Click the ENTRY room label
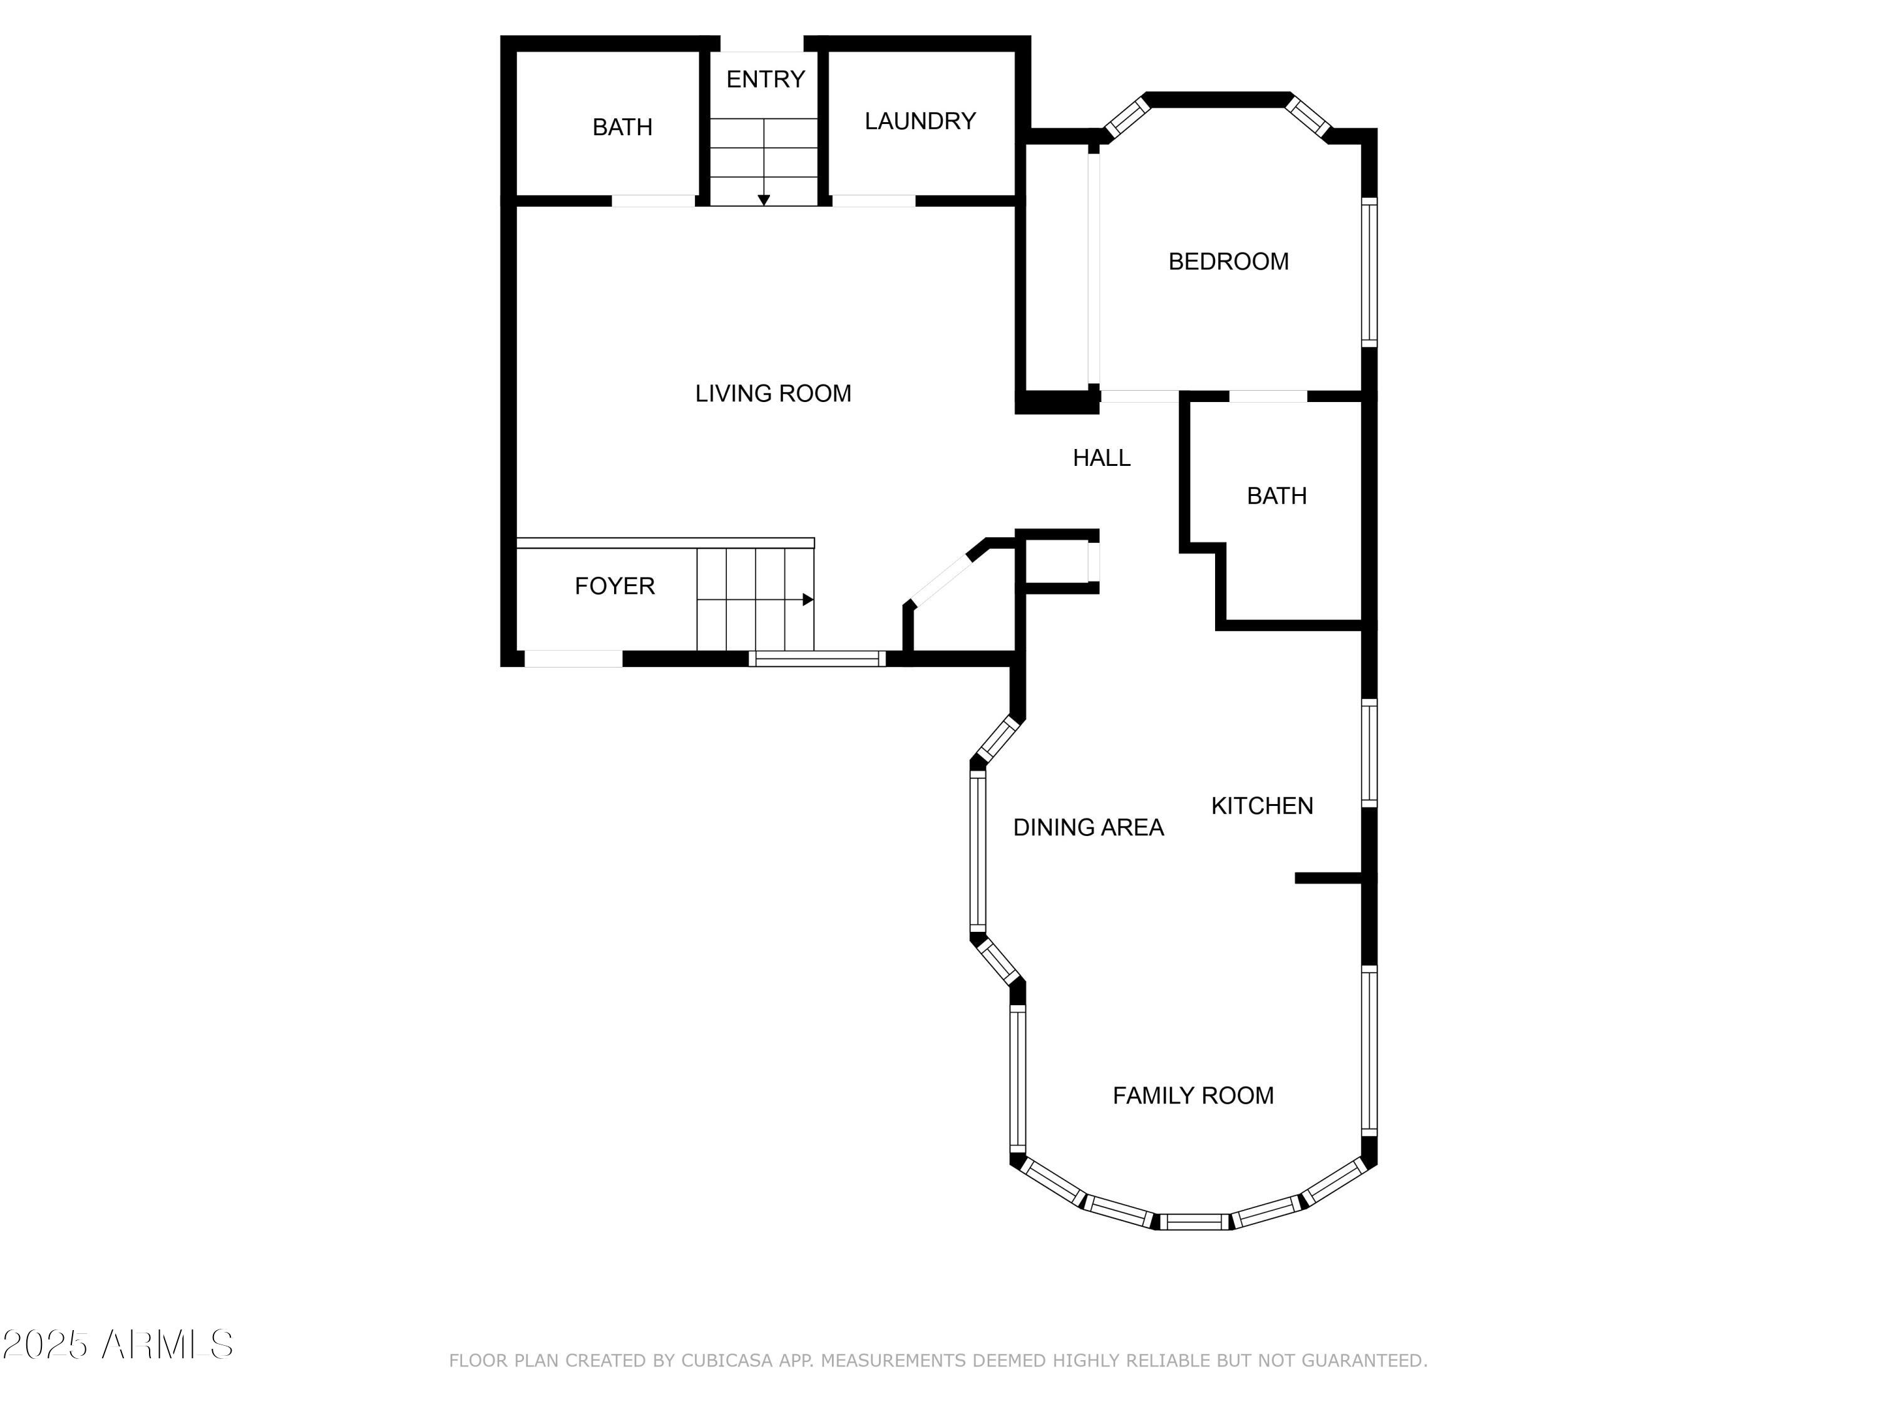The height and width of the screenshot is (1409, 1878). coord(765,79)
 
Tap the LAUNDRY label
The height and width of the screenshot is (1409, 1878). coord(920,121)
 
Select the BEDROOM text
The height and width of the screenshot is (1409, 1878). coord(1228,262)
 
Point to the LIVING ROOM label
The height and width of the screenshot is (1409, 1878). coord(772,393)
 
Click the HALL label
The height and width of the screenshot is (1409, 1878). coord(1101,458)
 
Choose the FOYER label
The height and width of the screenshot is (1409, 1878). coord(614,586)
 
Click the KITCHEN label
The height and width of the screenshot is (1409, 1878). coord(1261,806)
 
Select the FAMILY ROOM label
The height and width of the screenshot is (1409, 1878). coord(1193,1096)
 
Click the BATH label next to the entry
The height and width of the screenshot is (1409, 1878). coord(622,127)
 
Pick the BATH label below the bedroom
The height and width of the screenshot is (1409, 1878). coord(1276,496)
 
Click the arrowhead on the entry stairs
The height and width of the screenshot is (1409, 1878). coord(763,200)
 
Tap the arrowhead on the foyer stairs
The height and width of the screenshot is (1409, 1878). coord(808,600)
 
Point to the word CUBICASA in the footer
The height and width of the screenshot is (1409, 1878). coord(727,1361)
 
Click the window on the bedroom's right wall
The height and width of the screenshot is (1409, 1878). coord(1368,272)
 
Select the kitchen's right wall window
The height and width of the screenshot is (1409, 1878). coord(1368,753)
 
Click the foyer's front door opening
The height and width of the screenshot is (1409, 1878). coord(573,658)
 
